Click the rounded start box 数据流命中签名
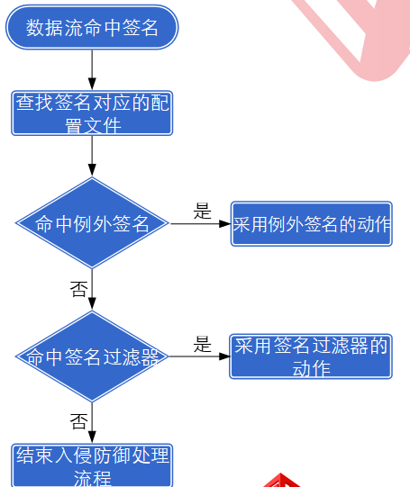[92, 28]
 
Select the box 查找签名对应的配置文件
[92, 113]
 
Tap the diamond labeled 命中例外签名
[92, 223]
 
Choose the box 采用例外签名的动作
[311, 223]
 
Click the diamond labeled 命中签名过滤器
[92, 356]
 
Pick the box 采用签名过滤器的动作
[311, 356]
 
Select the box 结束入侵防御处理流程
[92, 465]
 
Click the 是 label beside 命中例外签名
[203, 212]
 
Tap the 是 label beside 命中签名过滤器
[203, 345]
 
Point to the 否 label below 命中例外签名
[78, 289]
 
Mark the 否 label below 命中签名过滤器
[78, 421]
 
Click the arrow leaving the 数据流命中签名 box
[92, 69]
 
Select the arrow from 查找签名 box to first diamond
[92, 157]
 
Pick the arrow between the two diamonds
[92, 290]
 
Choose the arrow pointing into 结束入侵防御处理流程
[92, 422]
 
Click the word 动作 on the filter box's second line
[311, 368]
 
